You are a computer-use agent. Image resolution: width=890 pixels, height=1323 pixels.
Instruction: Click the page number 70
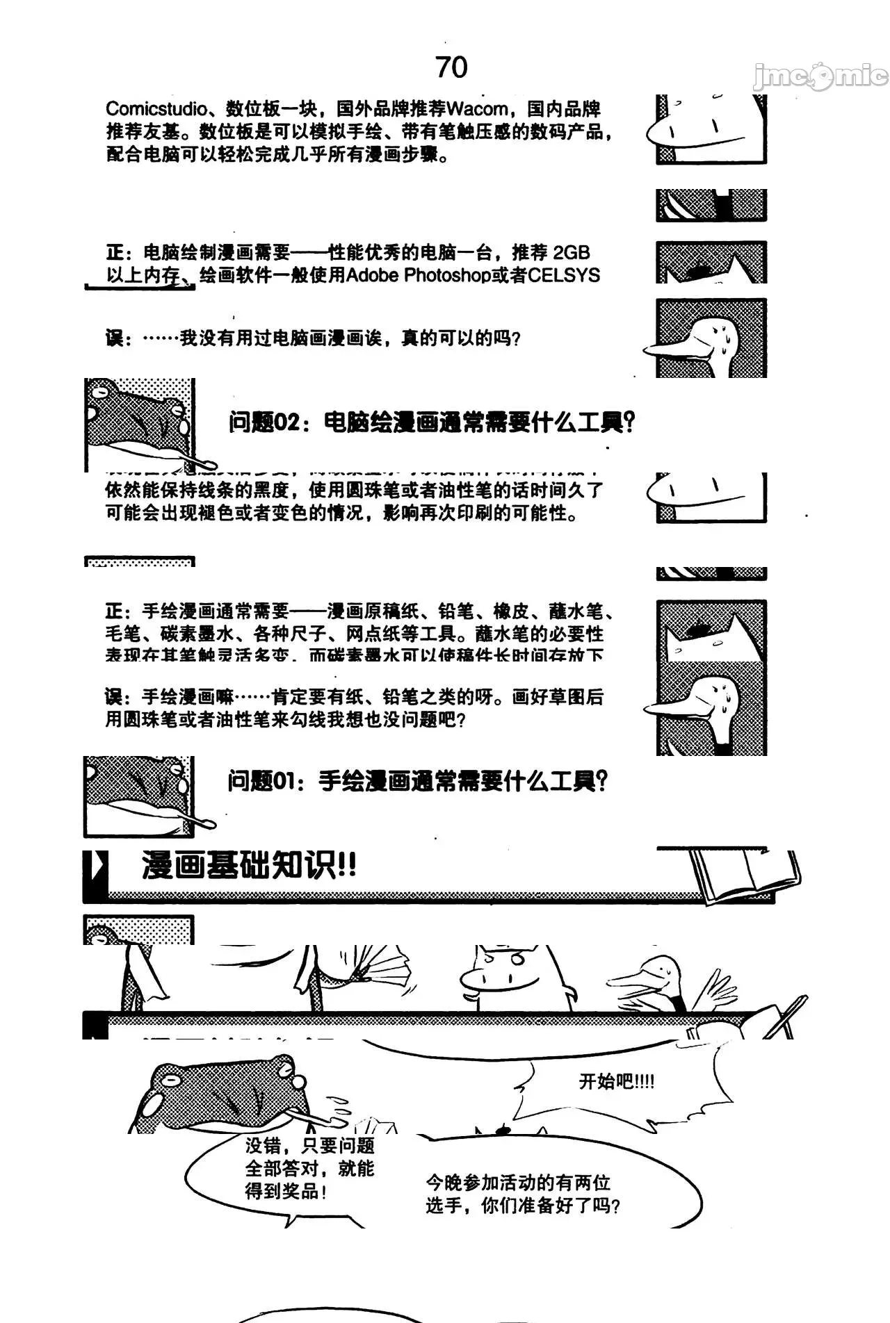pos(451,67)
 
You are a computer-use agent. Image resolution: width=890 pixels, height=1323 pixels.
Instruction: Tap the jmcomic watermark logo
pos(820,76)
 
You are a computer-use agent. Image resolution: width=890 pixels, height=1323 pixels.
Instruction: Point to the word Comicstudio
pos(156,109)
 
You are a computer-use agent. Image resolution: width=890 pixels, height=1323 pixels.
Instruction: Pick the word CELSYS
pos(563,276)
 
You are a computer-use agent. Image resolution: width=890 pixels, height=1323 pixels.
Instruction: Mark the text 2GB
pos(571,253)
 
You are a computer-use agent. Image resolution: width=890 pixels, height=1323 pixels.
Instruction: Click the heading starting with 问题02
pos(431,422)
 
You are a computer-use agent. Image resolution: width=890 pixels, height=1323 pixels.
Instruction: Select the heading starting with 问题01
pos(417,782)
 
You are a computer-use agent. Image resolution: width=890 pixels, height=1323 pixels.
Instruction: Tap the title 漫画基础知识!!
pos(249,866)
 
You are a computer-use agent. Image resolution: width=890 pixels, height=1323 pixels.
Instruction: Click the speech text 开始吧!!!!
pos(616,1081)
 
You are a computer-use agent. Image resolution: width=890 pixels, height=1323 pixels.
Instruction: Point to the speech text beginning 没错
pos(309,1167)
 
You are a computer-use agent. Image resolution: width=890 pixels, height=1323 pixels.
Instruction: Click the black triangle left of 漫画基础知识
pos(96,866)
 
